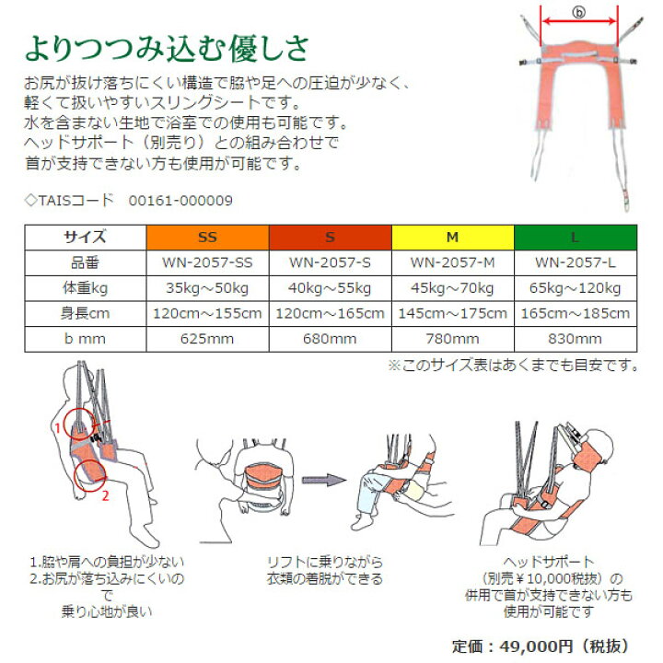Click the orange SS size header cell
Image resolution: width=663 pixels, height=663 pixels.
207,238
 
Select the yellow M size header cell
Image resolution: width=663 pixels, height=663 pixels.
453,238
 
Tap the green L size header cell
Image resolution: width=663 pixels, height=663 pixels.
576,238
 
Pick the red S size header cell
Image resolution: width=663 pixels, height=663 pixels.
331,238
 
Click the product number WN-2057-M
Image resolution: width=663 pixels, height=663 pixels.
452,262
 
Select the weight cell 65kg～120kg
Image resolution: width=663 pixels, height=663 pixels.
575,288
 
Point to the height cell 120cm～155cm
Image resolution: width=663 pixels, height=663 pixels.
207,313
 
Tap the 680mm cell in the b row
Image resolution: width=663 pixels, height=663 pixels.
330,339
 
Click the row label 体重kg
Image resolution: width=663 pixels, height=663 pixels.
85,288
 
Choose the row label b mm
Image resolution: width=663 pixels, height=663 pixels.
85,339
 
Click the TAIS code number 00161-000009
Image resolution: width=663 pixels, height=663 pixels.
180,201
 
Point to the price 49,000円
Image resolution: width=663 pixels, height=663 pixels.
536,646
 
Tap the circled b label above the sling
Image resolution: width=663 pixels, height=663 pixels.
579,12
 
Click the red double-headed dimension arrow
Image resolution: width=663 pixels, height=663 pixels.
579,21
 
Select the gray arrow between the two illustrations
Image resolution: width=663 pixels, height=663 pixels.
324,480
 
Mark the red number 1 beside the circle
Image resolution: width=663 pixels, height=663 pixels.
58,427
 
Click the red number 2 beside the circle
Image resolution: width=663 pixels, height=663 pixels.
105,495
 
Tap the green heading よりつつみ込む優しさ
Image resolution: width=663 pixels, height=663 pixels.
167,49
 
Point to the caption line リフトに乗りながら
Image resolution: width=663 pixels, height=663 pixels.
325,562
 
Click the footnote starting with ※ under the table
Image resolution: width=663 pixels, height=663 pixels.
513,365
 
